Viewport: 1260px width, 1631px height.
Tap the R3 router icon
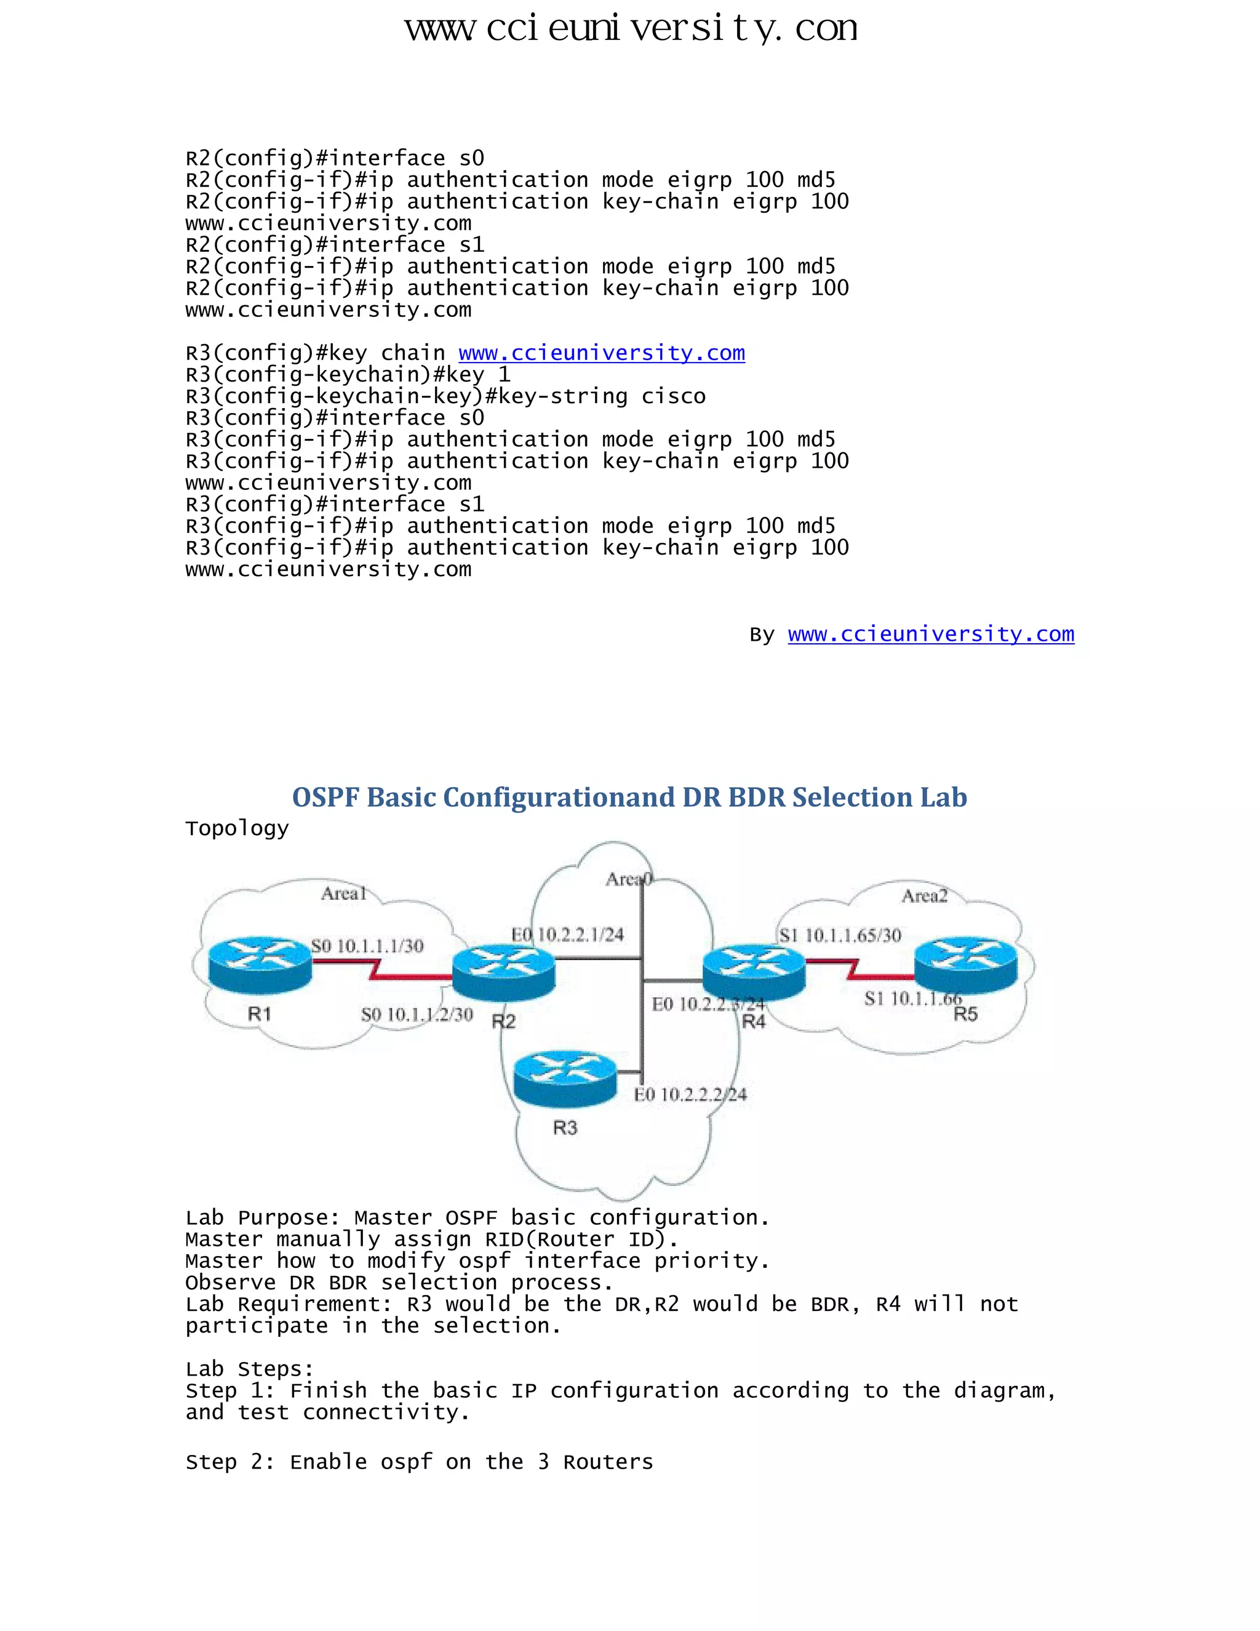[565, 1078]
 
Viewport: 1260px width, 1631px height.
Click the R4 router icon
[754, 971]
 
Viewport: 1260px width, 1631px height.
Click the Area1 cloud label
[343, 893]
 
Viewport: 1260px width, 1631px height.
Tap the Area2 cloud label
[924, 896]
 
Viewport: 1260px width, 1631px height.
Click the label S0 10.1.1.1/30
[367, 946]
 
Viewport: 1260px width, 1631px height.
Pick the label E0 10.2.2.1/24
[567, 934]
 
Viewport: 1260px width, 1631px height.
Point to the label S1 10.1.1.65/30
[840, 935]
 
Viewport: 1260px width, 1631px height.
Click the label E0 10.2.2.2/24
[690, 1095]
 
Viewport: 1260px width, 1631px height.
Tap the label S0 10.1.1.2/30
[417, 1014]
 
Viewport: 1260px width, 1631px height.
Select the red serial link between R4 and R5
[858, 969]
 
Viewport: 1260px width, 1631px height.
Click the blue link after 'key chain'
[602, 353]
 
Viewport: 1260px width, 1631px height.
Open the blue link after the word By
[931, 634]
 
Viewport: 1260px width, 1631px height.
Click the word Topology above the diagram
[237, 828]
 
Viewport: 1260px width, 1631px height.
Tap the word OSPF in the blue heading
[326, 797]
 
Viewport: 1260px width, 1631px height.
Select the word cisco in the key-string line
[673, 396]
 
